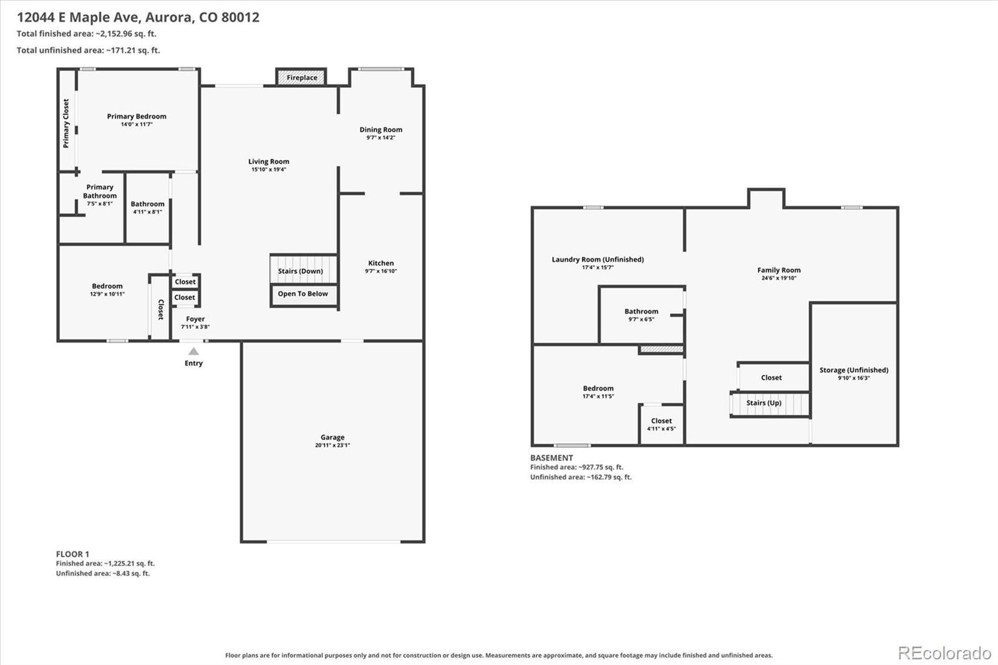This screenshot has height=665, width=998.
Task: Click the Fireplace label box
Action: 302,77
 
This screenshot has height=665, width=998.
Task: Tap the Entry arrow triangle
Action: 193,351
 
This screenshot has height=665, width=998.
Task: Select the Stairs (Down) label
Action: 300,271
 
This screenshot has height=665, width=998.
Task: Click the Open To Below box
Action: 303,295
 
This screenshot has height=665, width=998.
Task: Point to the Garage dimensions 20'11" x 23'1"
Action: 332,445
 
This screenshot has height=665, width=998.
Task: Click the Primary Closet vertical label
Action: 66,124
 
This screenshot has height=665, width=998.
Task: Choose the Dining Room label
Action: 381,130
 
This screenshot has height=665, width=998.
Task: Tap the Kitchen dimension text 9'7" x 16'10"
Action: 381,271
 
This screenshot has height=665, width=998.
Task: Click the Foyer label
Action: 195,319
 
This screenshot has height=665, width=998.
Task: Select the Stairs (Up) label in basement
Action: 763,403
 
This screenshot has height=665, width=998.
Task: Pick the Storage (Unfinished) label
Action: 854,370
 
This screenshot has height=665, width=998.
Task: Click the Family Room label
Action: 779,270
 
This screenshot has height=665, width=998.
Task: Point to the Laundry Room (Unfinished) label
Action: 598,260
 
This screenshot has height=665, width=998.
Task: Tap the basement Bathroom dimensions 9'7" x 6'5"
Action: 641,319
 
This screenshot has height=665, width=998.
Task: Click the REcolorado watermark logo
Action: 944,653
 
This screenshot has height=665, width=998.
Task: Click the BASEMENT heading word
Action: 551,458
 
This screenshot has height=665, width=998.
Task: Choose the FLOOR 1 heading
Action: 72,554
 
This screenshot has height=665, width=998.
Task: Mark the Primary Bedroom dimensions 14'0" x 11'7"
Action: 137,124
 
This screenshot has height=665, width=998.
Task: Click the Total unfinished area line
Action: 88,51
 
